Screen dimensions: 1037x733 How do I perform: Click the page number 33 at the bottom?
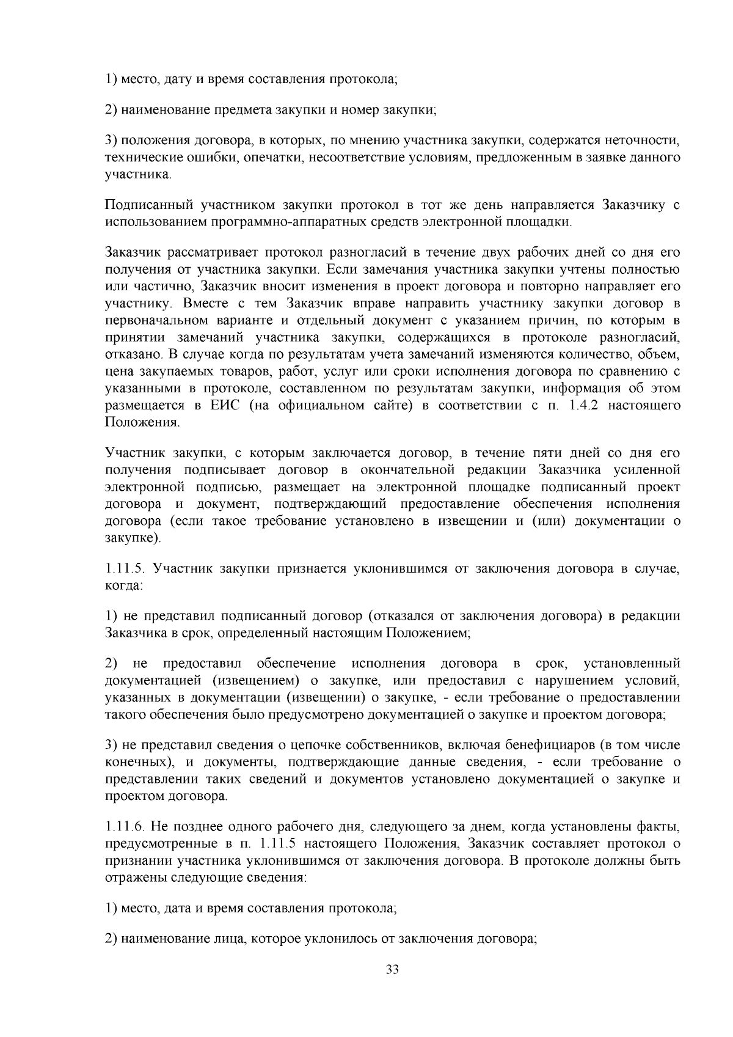[x=392, y=969]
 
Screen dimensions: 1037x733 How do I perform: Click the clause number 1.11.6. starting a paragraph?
[x=125, y=827]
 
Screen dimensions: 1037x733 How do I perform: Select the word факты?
[x=661, y=827]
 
